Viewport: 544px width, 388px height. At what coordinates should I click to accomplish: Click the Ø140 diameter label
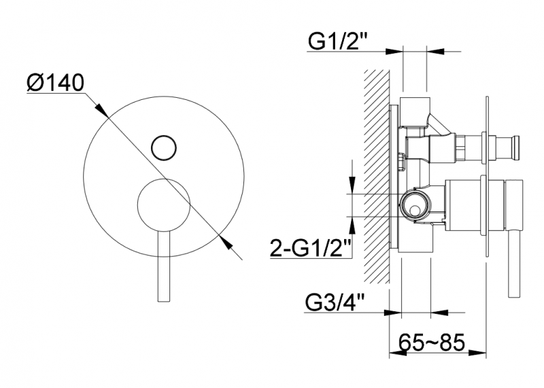point(56,82)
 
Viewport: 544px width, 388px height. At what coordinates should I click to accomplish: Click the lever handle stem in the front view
point(164,266)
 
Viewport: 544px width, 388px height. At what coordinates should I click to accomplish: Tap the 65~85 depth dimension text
point(431,343)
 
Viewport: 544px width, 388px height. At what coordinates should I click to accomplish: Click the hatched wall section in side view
point(377,177)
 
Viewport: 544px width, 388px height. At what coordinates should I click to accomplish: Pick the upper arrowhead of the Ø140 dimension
point(100,109)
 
